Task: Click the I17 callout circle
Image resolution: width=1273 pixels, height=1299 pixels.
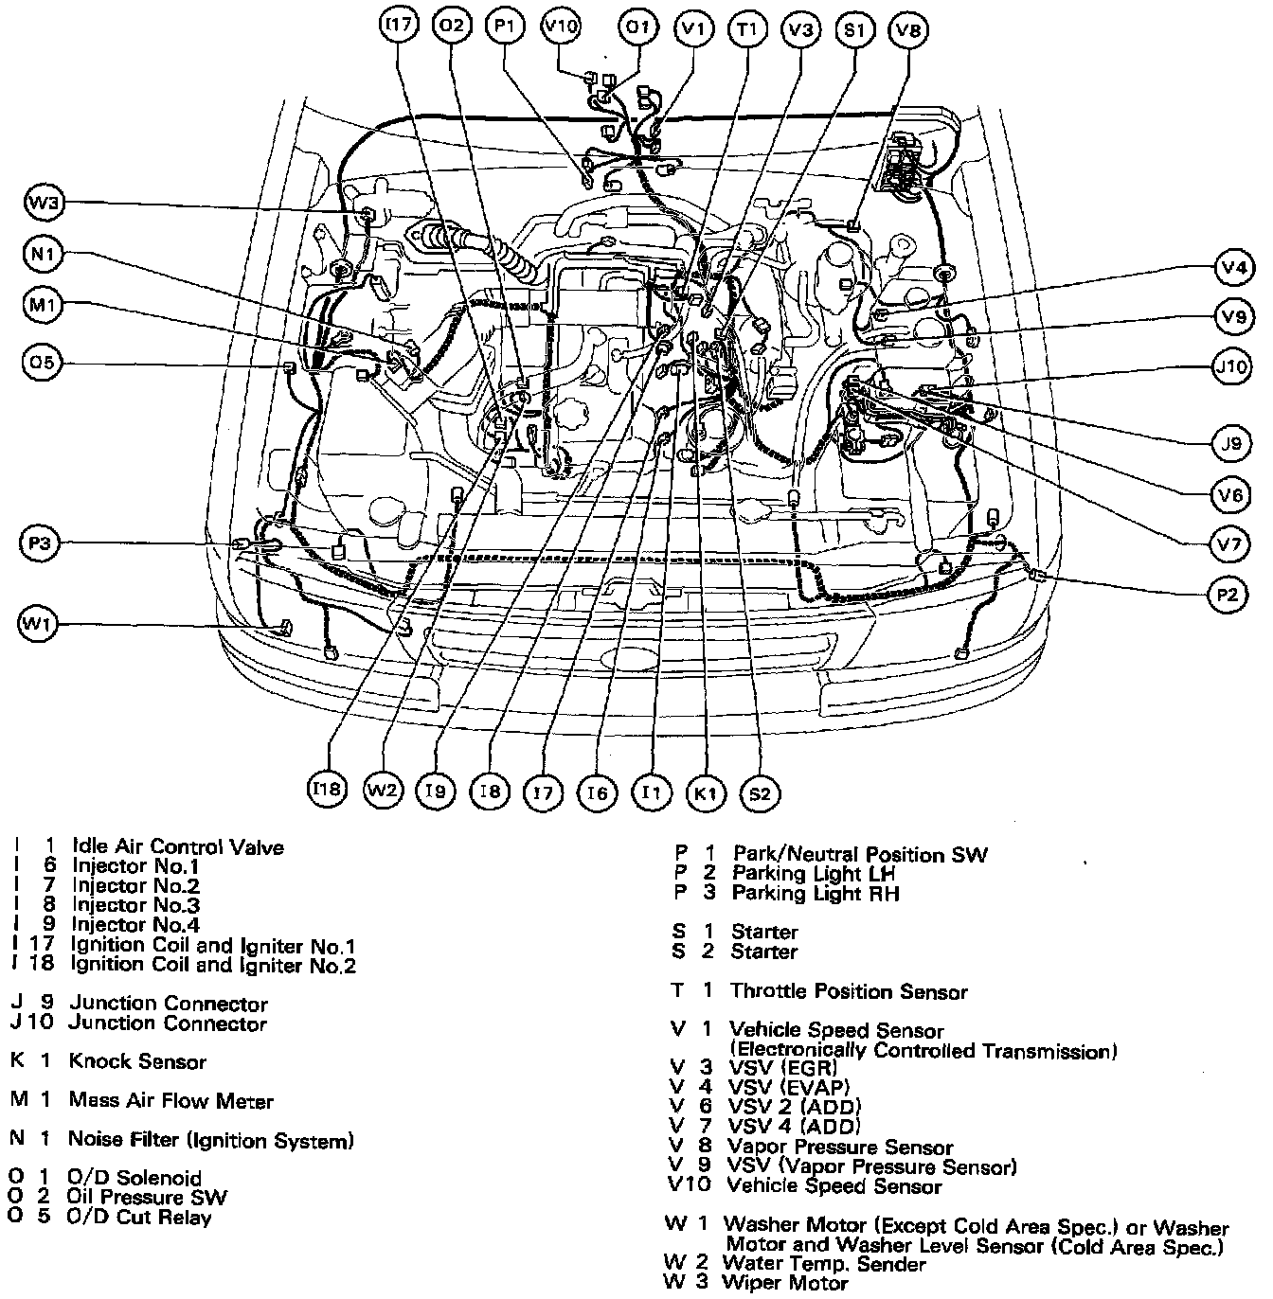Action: pyautogui.click(x=398, y=27)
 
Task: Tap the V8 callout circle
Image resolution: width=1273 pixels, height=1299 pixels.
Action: pyautogui.click(x=908, y=30)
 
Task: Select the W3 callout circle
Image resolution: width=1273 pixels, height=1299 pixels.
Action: pyautogui.click(x=44, y=202)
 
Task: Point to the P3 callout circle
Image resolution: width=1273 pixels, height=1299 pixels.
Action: pyautogui.click(x=39, y=543)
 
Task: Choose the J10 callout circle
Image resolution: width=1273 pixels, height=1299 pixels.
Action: pyautogui.click(x=1232, y=366)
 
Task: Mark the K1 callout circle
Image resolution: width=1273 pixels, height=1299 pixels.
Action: pyautogui.click(x=706, y=793)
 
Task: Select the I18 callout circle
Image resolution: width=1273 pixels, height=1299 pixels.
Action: pyautogui.click(x=328, y=790)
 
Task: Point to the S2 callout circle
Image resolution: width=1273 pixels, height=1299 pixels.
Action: pyautogui.click(x=760, y=793)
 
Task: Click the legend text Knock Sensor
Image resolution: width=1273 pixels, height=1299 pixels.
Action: pyautogui.click(x=137, y=1062)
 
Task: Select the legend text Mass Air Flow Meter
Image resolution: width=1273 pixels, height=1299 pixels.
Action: pyautogui.click(x=170, y=1101)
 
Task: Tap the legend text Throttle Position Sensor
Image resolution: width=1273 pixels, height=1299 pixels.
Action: pyautogui.click(x=849, y=992)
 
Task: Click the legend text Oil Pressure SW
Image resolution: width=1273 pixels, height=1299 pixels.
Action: pyautogui.click(x=147, y=1198)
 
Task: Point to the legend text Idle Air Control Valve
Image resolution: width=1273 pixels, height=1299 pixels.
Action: pyautogui.click(x=178, y=846)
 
